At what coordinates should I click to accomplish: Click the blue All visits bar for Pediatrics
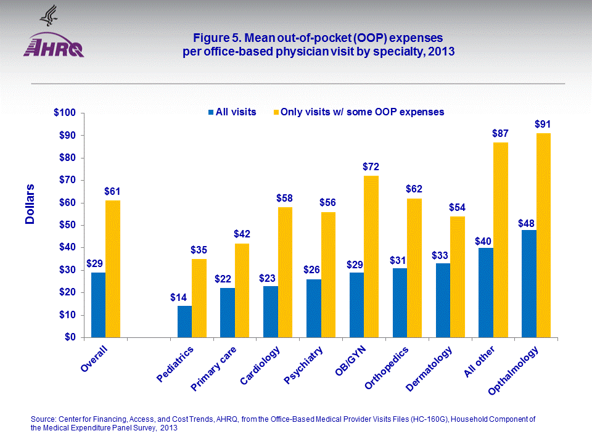click(184, 321)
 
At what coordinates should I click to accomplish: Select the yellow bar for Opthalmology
click(543, 235)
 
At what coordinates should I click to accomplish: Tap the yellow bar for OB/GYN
click(371, 256)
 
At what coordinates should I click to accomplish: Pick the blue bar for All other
click(486, 292)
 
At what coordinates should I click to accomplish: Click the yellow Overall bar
click(113, 268)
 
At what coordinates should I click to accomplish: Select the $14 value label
click(179, 297)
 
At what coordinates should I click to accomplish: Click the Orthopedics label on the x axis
click(387, 368)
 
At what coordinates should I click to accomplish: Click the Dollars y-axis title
click(30, 204)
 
